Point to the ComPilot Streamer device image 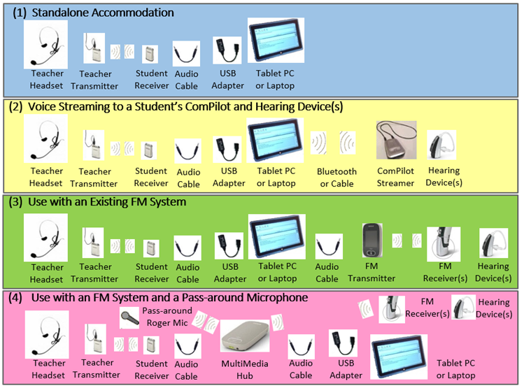pos(396,140)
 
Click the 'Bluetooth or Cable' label pos(337,178)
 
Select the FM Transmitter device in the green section pos(371,241)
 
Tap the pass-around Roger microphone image pos(129,317)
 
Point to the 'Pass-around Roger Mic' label pos(163,317)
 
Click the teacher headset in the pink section pos(47,333)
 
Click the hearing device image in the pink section pos(463,306)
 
